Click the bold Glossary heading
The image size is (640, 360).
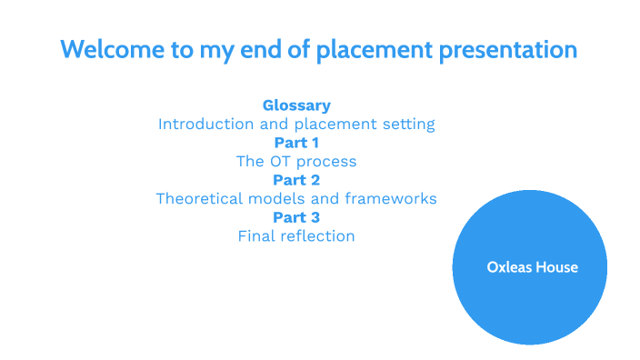click(296, 105)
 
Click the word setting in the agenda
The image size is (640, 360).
click(409, 125)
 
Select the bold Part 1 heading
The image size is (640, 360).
click(296, 143)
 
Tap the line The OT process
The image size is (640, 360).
click(296, 162)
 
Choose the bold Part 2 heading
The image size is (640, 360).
click(296, 180)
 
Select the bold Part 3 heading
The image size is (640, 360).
click(296, 217)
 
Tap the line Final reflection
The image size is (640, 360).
click(296, 236)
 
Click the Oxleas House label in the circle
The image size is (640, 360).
click(532, 267)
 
